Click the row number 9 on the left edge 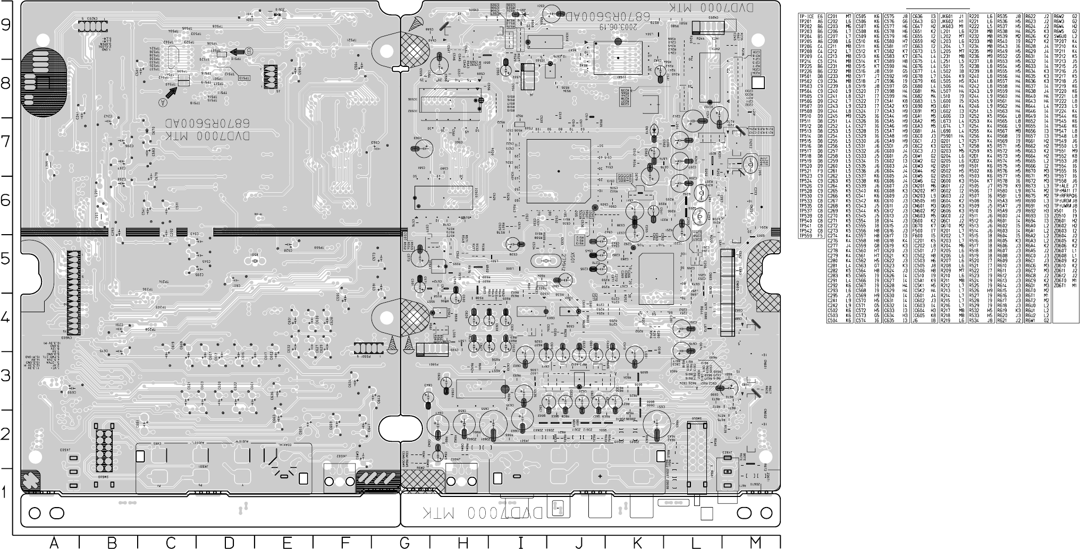[x=6, y=25]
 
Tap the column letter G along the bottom [x=404, y=542]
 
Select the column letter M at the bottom [x=755, y=542]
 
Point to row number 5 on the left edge [x=6, y=259]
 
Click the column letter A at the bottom [x=54, y=542]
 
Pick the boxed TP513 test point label [x=244, y=78]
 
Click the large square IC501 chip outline [x=559, y=171]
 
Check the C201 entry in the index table [x=834, y=17]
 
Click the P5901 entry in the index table [x=947, y=135]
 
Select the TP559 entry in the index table [x=806, y=236]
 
